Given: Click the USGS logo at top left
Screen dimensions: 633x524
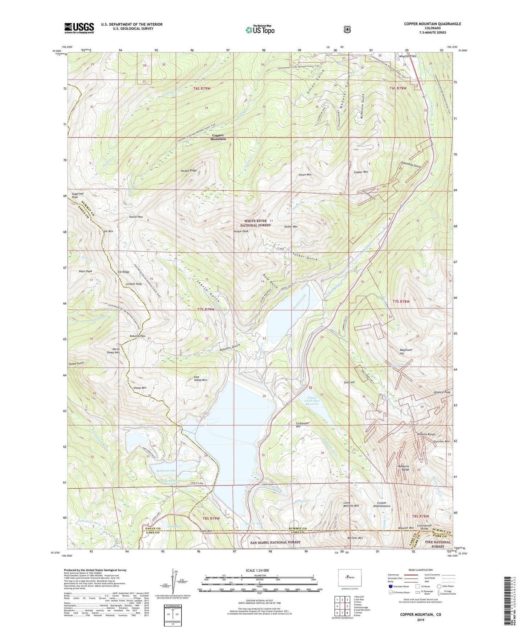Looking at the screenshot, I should pyautogui.click(x=79, y=28).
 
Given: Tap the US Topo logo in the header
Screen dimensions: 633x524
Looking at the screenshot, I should pyautogui.click(x=260, y=30).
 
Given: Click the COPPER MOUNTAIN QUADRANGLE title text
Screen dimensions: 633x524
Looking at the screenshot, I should pyautogui.click(x=433, y=24).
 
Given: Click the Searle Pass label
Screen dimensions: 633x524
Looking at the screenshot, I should pyautogui.click(x=136, y=217).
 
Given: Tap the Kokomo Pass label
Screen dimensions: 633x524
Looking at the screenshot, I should pyautogui.click(x=137, y=336).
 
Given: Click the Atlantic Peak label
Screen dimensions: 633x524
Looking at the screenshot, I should pyautogui.click(x=442, y=392).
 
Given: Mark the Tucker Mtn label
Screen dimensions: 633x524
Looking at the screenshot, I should pyautogui.click(x=290, y=227).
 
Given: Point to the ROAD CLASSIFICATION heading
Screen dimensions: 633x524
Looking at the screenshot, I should pyautogui.click(x=421, y=570).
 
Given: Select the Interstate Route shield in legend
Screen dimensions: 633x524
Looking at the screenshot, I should pyautogui.click(x=390, y=586).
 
